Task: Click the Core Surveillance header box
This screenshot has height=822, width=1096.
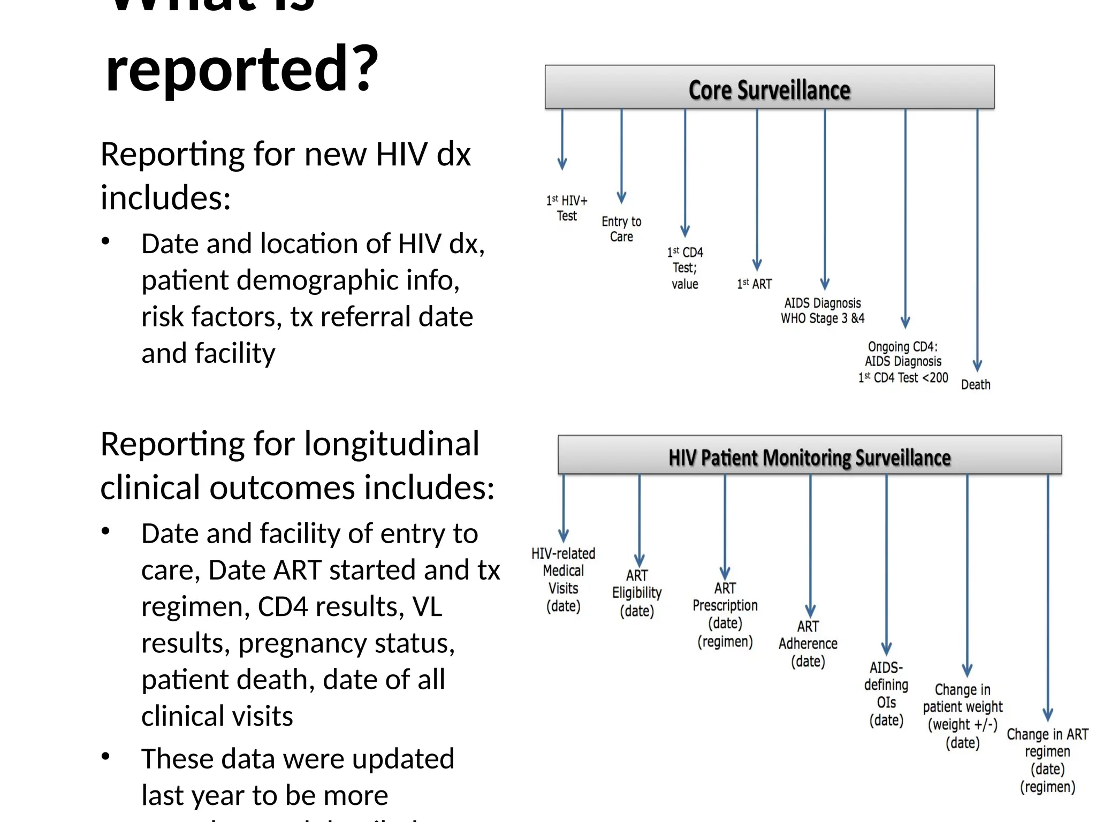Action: (769, 88)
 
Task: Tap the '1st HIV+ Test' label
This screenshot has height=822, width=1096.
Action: (567, 208)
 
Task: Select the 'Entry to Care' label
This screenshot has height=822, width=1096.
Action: (621, 229)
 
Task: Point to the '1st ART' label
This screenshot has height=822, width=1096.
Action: (754, 284)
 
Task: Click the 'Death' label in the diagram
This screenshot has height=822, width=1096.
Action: (976, 385)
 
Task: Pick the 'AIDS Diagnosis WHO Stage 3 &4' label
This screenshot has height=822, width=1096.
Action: (823, 311)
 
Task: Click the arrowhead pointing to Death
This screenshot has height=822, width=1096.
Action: (977, 366)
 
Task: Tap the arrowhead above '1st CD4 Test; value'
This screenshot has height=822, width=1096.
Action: (685, 231)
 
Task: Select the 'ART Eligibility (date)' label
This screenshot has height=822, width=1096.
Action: (637, 593)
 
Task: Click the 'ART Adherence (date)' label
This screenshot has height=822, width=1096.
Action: (808, 644)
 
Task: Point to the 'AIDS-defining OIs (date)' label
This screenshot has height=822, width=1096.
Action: (886, 694)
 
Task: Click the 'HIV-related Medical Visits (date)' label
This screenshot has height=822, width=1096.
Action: (563, 580)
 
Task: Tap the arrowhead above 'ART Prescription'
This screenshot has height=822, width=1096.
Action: (725, 574)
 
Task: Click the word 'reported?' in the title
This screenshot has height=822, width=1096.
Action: (242, 70)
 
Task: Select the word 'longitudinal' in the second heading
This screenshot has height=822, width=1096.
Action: (392, 444)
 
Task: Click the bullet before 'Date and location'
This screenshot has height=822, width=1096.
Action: (106, 242)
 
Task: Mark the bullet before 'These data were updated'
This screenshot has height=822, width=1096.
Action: (106, 757)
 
